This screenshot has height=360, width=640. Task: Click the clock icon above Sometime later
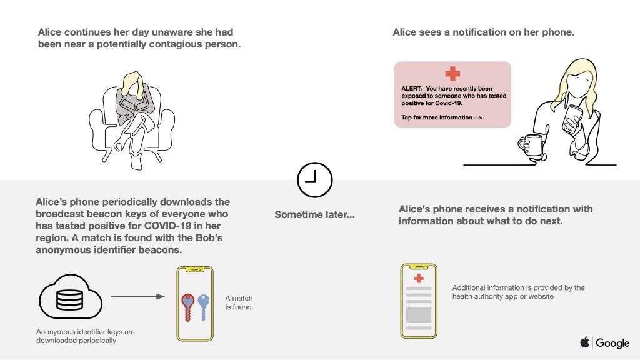[x=314, y=180]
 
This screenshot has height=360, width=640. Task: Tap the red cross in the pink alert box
[x=452, y=74]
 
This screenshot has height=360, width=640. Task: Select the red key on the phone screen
[x=187, y=306]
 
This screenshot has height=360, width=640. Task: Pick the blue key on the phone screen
[x=203, y=306]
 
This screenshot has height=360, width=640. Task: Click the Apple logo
[x=585, y=342]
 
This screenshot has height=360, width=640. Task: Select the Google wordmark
[x=612, y=343]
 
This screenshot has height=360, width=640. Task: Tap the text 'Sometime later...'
[x=314, y=215]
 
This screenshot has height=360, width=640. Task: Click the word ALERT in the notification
[x=412, y=89]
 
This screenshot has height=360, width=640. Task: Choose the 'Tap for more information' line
[x=442, y=117]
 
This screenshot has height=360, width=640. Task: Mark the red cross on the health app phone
[x=419, y=278]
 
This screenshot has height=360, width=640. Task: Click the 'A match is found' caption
[x=239, y=302]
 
